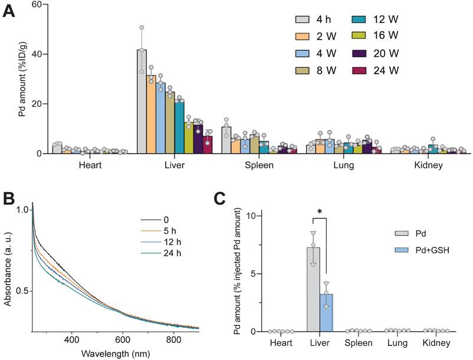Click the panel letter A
click(x=9, y=10)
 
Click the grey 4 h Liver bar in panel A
click(x=142, y=101)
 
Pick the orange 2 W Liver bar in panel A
click(x=151, y=114)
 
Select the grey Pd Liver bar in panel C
click(x=313, y=289)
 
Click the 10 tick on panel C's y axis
click(x=254, y=215)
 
